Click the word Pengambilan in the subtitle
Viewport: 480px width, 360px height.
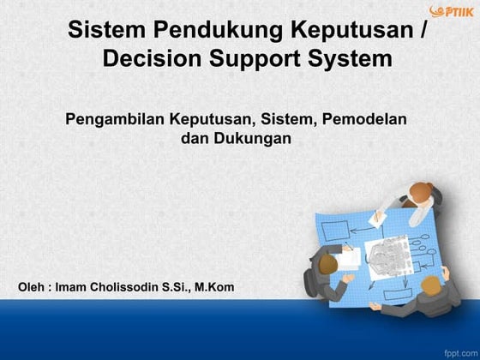[115, 118]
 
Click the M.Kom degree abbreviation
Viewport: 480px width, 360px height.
[213, 285]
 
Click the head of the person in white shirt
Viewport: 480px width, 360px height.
[421, 193]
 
